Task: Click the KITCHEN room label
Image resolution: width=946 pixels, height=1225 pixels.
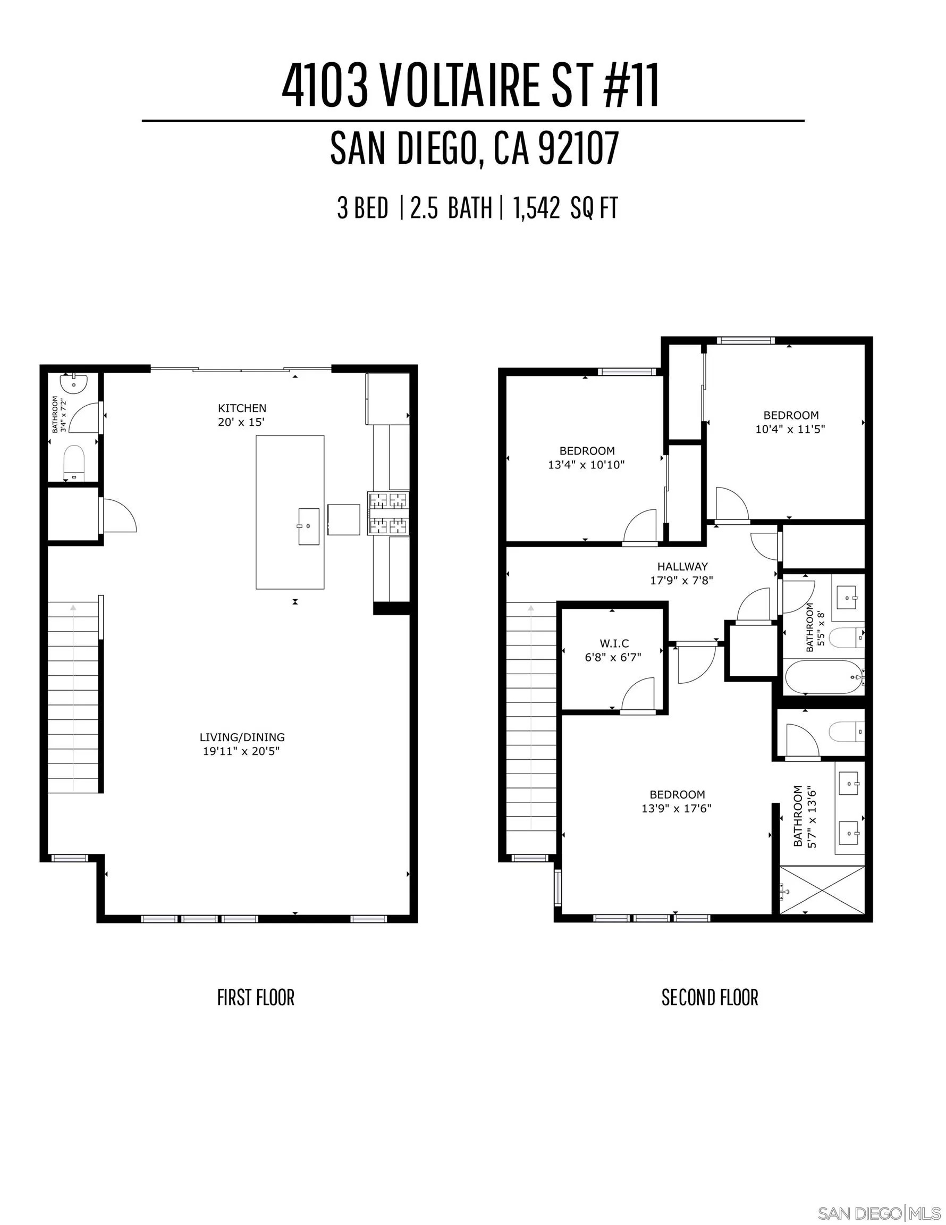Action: [242, 408]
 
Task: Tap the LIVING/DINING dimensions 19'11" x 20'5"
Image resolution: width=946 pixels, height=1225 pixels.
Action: [241, 751]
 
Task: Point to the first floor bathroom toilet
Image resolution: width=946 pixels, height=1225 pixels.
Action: [73, 462]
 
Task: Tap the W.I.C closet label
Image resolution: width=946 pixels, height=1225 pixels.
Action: [614, 643]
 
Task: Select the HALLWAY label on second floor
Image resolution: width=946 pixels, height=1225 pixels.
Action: [682, 566]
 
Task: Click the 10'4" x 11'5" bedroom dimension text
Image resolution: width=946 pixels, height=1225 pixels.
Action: [790, 429]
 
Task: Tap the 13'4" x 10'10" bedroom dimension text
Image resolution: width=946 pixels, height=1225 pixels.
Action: [586, 464]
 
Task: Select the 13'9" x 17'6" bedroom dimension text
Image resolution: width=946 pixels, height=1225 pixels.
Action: [676, 808]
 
